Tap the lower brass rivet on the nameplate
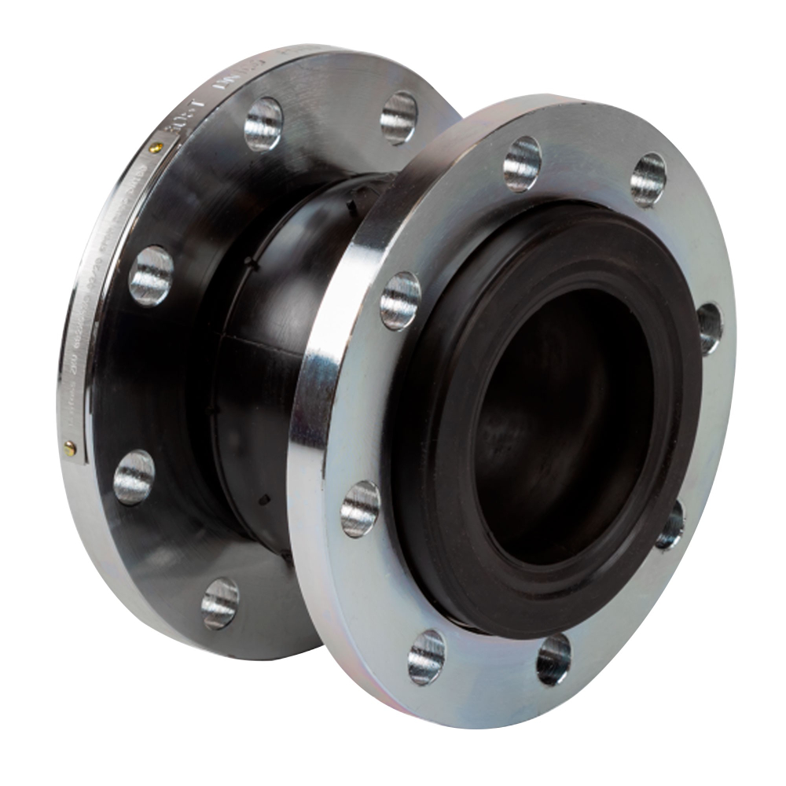(70, 447)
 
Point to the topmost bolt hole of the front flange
(523, 163)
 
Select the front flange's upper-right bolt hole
(648, 179)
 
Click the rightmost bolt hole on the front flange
(709, 328)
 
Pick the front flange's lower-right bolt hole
(670, 524)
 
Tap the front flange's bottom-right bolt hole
(553, 659)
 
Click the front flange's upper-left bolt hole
(400, 300)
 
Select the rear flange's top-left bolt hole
(263, 123)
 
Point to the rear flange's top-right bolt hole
(399, 117)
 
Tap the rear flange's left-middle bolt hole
(151, 275)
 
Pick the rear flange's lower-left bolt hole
(134, 476)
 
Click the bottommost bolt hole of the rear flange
(220, 603)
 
